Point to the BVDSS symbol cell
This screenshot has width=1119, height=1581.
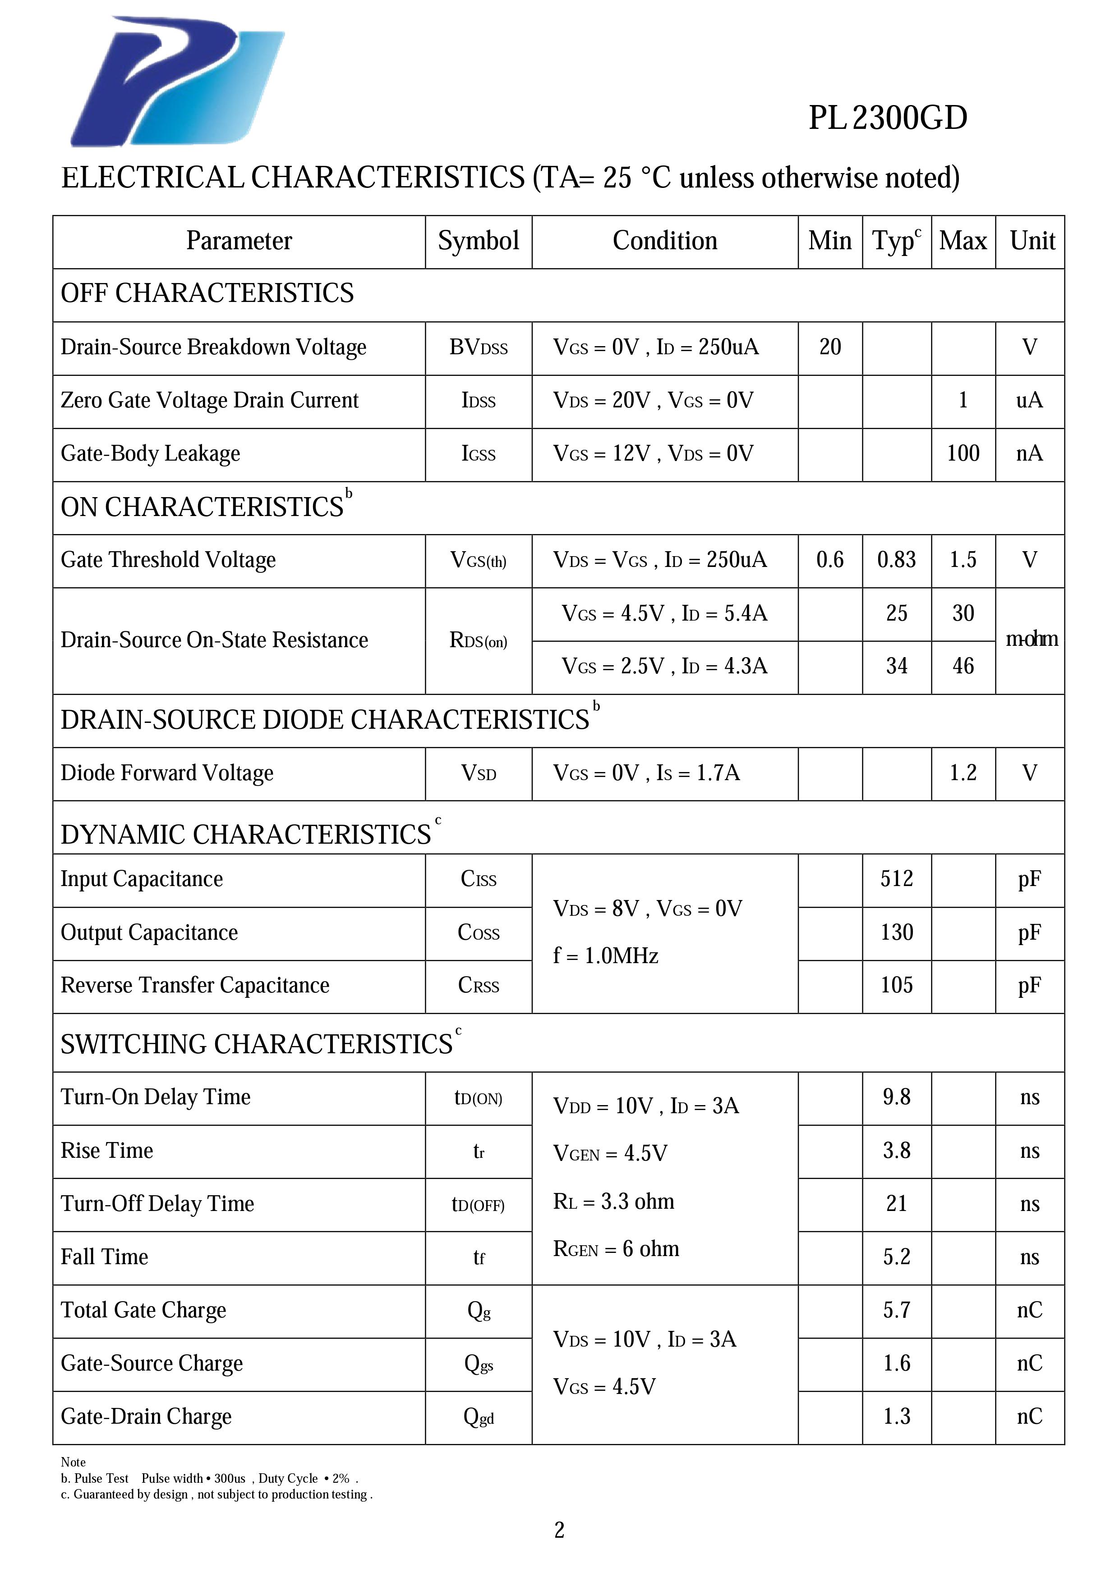click(x=478, y=347)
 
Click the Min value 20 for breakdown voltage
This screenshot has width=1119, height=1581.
click(x=829, y=347)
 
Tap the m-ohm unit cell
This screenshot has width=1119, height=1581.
click(x=1031, y=640)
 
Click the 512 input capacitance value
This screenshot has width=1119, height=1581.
click(x=897, y=879)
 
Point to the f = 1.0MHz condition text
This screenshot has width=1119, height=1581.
click(x=605, y=956)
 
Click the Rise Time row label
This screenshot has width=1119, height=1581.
click(x=107, y=1151)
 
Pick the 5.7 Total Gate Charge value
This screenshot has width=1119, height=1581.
click(x=897, y=1311)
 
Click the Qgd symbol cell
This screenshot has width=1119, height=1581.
click(x=478, y=1417)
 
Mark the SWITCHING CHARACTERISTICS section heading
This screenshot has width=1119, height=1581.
click(x=256, y=1045)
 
